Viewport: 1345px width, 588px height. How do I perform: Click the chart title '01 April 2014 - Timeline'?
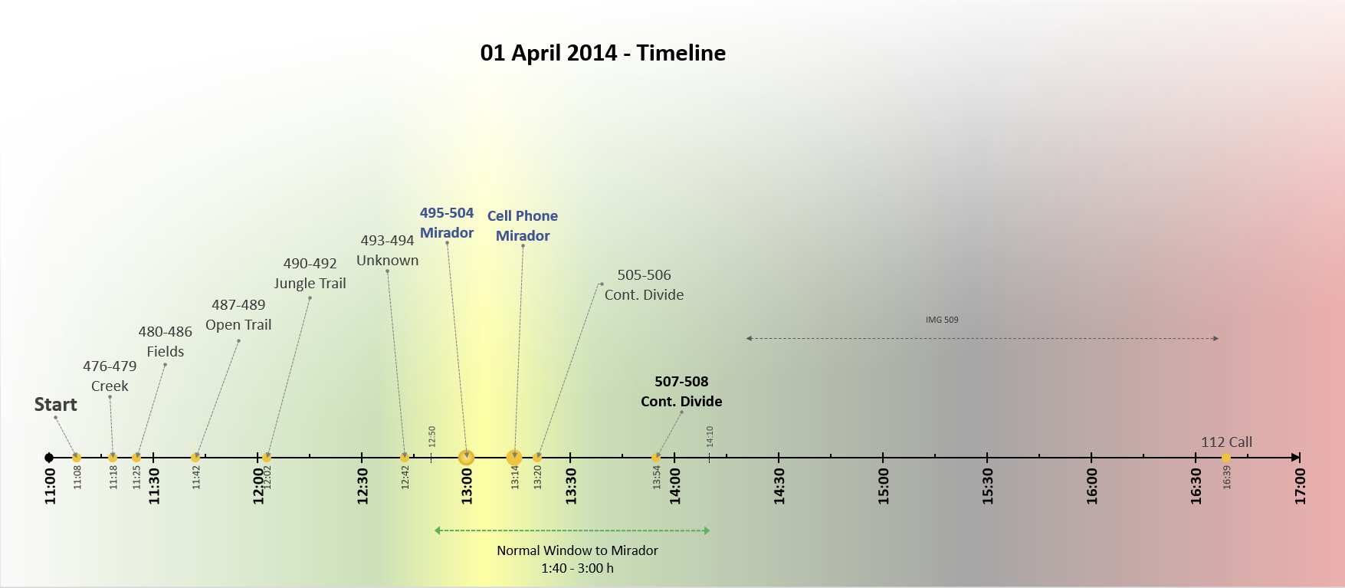(603, 53)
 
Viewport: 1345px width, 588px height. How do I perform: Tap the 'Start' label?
(56, 405)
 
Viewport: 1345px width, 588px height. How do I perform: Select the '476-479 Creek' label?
(110, 376)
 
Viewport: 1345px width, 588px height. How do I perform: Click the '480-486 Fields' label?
(166, 342)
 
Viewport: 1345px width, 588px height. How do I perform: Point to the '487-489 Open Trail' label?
(238, 315)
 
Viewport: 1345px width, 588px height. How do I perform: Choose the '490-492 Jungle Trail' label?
(310, 274)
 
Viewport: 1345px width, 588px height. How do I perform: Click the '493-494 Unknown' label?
(388, 251)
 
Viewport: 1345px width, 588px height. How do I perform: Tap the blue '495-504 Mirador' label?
(447, 223)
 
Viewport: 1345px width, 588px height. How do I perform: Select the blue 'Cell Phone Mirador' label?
(523, 226)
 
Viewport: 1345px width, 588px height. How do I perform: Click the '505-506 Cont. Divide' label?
(645, 285)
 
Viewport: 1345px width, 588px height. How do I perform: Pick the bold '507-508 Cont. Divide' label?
(681, 392)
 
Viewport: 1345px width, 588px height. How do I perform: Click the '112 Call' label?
(1227, 442)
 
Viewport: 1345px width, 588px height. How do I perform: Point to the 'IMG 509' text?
(942, 320)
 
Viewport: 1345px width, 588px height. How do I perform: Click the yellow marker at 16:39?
(1226, 458)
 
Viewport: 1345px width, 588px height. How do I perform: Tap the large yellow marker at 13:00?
(466, 458)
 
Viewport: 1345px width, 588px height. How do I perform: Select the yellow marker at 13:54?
(656, 458)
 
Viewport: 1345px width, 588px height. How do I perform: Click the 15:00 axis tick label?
(883, 486)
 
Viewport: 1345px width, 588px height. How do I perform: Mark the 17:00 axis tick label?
(1300, 486)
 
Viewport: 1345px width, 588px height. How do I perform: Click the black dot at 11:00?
(49, 458)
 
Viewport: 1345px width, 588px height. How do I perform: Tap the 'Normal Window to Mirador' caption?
(577, 550)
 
